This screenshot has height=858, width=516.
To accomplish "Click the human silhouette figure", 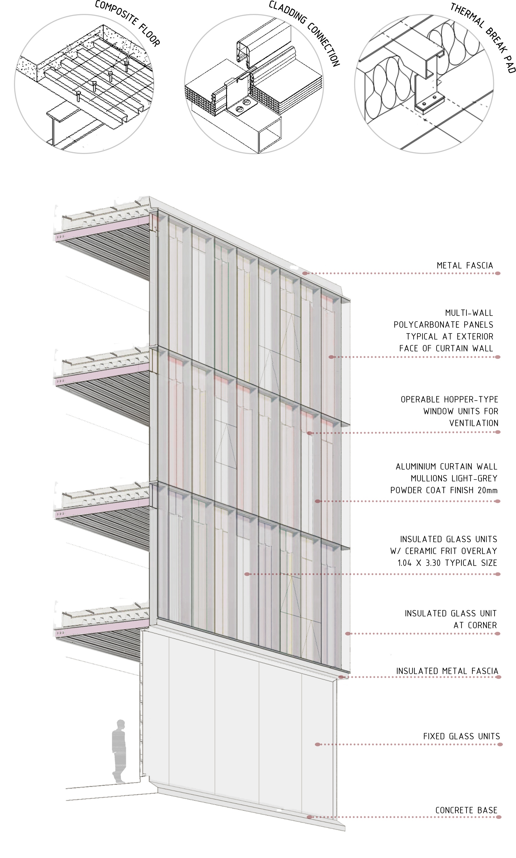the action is pyautogui.click(x=119, y=751).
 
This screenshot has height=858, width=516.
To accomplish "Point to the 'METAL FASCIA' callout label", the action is pyautogui.click(x=465, y=266).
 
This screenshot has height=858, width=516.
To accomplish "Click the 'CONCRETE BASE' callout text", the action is pyautogui.click(x=466, y=810).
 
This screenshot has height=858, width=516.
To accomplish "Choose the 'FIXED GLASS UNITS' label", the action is pyautogui.click(x=462, y=736).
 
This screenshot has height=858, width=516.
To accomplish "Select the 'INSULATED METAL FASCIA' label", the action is pyautogui.click(x=447, y=671).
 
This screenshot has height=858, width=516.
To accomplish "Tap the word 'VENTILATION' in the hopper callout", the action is pyautogui.click(x=474, y=423).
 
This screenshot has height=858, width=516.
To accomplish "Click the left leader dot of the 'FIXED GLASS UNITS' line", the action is pyautogui.click(x=317, y=744).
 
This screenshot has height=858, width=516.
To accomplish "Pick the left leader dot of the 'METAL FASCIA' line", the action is pyautogui.click(x=305, y=273).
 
